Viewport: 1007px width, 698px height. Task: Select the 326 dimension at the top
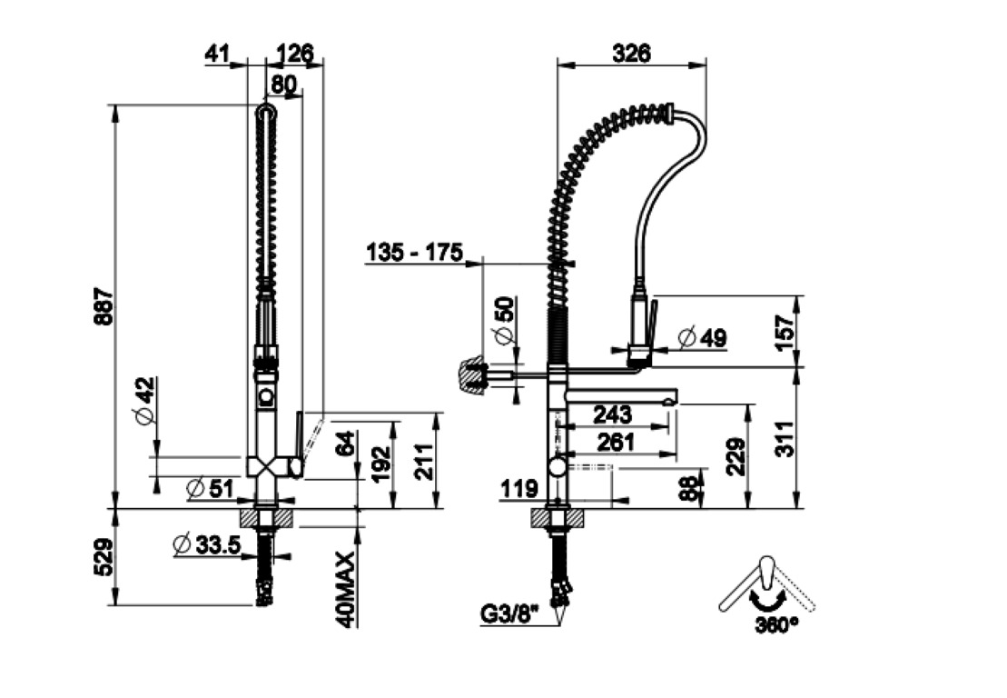point(631,54)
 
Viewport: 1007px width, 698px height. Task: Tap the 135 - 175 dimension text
point(413,252)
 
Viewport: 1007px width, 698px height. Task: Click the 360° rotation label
point(776,623)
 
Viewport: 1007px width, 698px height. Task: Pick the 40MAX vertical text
point(346,589)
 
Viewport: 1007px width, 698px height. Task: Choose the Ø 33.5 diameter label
point(207,545)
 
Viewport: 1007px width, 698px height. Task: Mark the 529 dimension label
point(104,556)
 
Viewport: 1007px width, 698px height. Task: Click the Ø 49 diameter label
point(703,337)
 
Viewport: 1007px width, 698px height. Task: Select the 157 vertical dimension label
point(785,332)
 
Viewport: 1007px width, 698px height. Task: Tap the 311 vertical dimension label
point(785,439)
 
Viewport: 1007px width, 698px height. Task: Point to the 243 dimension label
point(612,414)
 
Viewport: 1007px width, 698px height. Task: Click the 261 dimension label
point(616,443)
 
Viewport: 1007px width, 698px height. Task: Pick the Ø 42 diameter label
point(144,399)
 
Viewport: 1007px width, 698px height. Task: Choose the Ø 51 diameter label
point(210,488)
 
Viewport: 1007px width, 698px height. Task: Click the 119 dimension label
point(518,489)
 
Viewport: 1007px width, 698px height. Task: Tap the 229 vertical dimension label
point(736,457)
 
